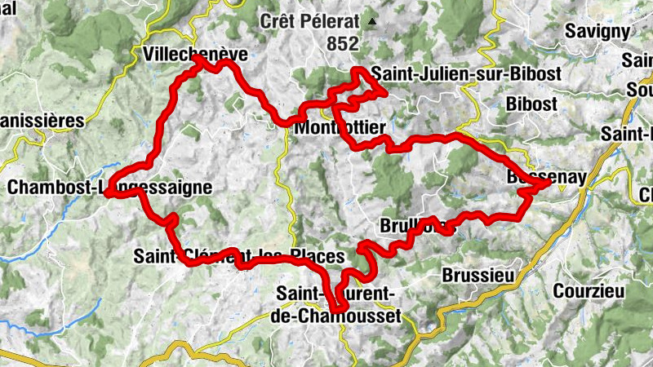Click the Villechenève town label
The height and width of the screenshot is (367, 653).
click(194, 55)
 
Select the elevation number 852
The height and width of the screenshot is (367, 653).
click(342, 45)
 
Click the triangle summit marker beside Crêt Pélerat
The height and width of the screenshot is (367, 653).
click(373, 21)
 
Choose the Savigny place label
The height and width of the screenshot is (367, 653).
click(603, 32)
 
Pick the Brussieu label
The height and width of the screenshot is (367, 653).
click(478, 276)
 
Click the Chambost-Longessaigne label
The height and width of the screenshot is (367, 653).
click(109, 188)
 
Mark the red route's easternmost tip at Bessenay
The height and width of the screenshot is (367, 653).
click(548, 187)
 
